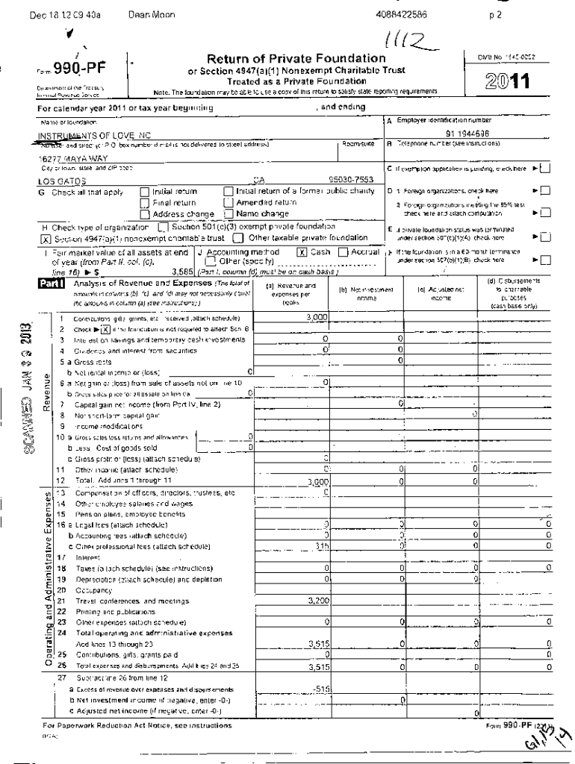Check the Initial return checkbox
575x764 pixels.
click(145, 192)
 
